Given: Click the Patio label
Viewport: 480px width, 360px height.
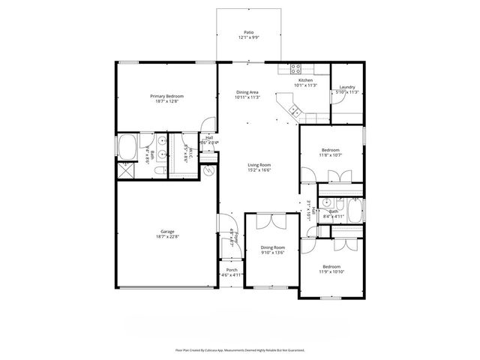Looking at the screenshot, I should [x=247, y=32].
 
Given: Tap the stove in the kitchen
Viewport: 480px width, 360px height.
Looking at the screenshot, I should [x=286, y=68].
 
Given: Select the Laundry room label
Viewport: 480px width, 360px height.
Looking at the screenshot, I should [x=346, y=87].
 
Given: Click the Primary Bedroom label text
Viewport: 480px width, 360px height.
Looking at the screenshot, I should [x=166, y=96].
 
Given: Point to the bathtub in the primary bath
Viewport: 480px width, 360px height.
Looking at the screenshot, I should [x=126, y=145].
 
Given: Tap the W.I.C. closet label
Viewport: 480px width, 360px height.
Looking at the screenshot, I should [x=192, y=154].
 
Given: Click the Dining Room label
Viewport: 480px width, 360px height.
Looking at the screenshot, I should [x=272, y=247].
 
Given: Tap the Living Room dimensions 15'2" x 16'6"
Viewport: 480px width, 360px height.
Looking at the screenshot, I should [x=259, y=170].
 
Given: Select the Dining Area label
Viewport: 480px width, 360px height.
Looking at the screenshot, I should [x=247, y=91].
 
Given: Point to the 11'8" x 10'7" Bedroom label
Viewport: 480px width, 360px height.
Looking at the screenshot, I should [x=331, y=150].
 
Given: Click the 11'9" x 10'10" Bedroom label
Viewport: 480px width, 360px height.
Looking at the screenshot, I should [x=331, y=267].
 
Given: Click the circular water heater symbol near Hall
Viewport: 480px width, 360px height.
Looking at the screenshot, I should [x=210, y=171].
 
